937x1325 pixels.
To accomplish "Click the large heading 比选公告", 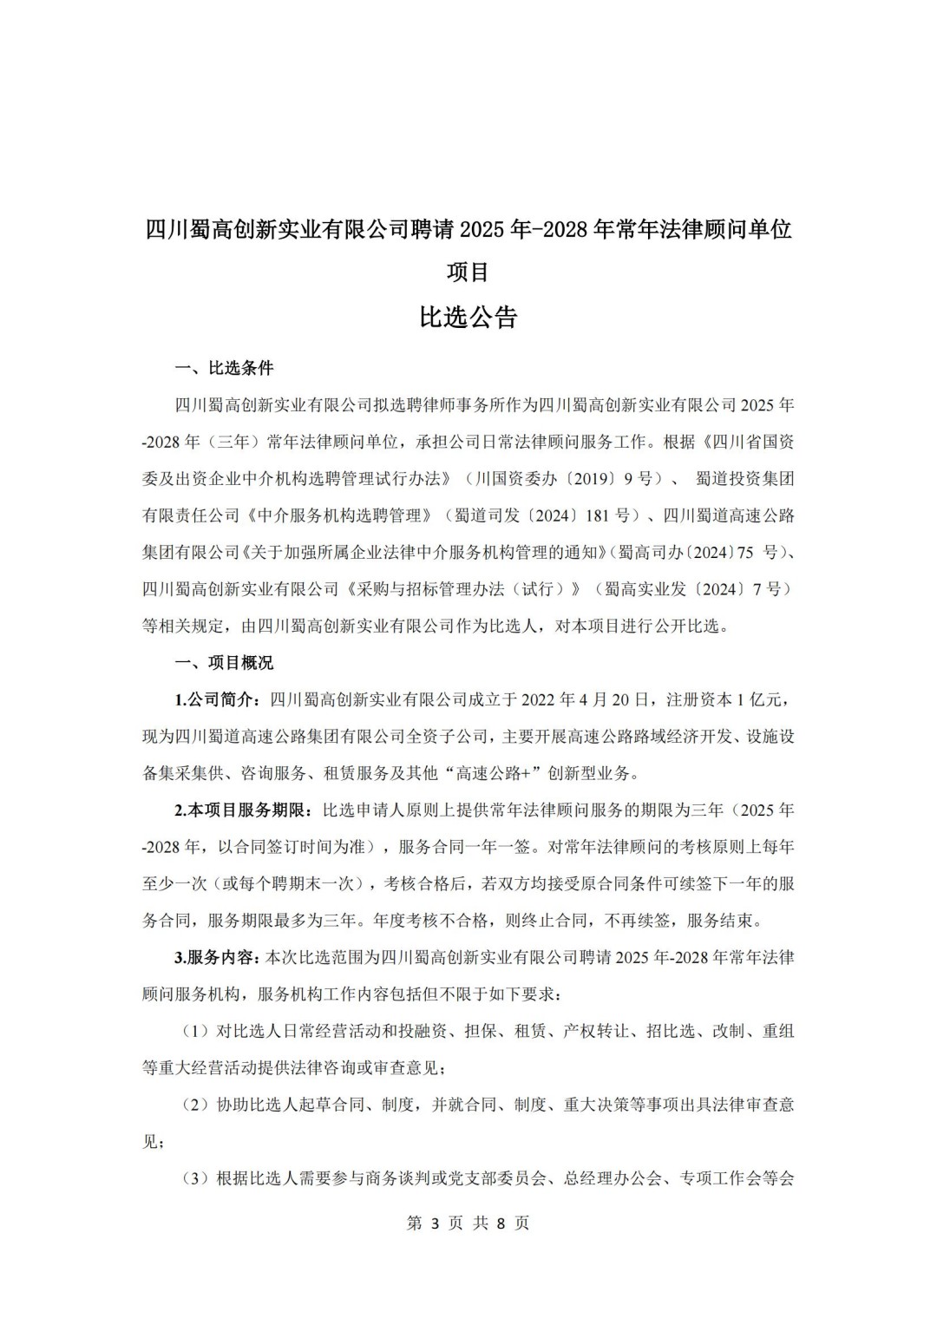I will point(468,318).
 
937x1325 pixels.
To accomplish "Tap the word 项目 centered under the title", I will point(468,272).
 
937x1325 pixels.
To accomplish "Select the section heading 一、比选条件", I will point(224,368).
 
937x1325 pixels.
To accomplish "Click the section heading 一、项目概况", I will point(224,663).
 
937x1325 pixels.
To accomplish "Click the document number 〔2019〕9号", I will point(619,478).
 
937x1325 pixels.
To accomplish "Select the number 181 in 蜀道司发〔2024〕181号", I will point(596,515).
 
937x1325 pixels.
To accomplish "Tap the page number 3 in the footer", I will point(438,1223).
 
